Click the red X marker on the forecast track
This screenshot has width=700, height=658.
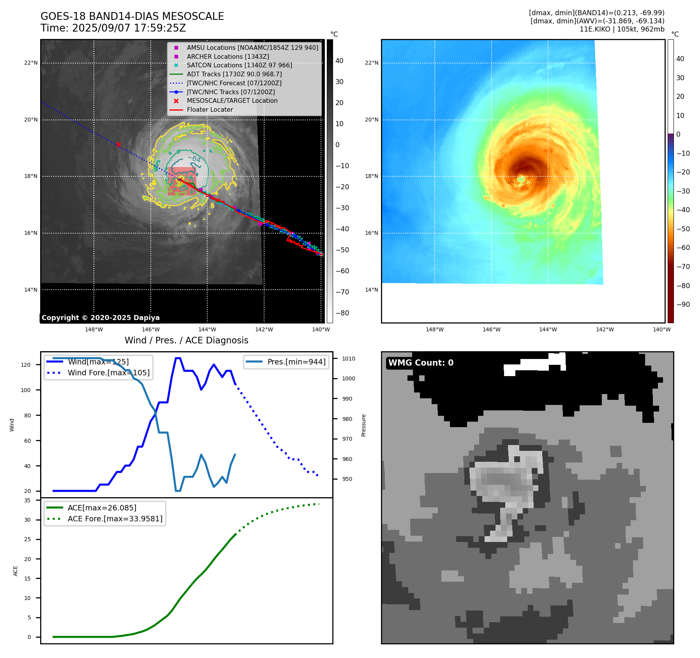pyautogui.click(x=118, y=145)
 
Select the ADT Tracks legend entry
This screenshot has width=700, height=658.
pyautogui.click(x=234, y=74)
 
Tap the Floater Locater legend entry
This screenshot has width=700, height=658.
pyautogui.click(x=210, y=110)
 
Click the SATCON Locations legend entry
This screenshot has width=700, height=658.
pyautogui.click(x=239, y=65)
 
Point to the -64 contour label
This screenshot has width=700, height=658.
pyautogui.click(x=194, y=158)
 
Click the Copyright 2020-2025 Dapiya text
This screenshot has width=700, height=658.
pyautogui.click(x=101, y=318)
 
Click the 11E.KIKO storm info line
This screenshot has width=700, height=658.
pyautogui.click(x=622, y=29)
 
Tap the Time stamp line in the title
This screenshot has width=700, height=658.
pyautogui.click(x=113, y=28)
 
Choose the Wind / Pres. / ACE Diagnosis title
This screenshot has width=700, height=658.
pyautogui.click(x=186, y=340)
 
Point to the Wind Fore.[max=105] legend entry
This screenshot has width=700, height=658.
pyautogui.click(x=108, y=373)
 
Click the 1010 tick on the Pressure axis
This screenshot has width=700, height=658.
pyautogui.click(x=349, y=359)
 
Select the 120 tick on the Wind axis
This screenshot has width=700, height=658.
pyautogui.click(x=26, y=365)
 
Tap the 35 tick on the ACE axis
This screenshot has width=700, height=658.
pyautogui.click(x=27, y=500)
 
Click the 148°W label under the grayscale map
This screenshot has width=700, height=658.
pyautogui.click(x=94, y=329)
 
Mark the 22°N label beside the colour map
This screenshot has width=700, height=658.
pyautogui.click(x=372, y=63)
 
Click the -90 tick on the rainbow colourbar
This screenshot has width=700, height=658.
pyautogui.click(x=683, y=304)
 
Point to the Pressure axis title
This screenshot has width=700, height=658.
pyautogui.click(x=363, y=425)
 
